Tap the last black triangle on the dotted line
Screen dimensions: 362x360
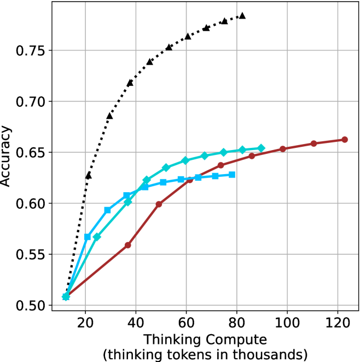pyautogui.click(x=242, y=16)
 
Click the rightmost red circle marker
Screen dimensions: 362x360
pyautogui.click(x=345, y=140)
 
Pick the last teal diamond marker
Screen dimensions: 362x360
pyautogui.click(x=262, y=148)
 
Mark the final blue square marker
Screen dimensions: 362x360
pyautogui.click(x=232, y=175)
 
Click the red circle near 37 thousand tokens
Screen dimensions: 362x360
pyautogui.click(x=128, y=245)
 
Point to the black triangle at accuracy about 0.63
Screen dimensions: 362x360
pyautogui.click(x=88, y=176)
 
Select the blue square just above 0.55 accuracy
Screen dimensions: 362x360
pyautogui.click(x=88, y=237)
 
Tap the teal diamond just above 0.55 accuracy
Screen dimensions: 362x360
pyautogui.click(x=97, y=237)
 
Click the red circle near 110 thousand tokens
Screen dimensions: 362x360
pyautogui.click(x=314, y=143)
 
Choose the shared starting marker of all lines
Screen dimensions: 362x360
pyautogui.click(x=66, y=297)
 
